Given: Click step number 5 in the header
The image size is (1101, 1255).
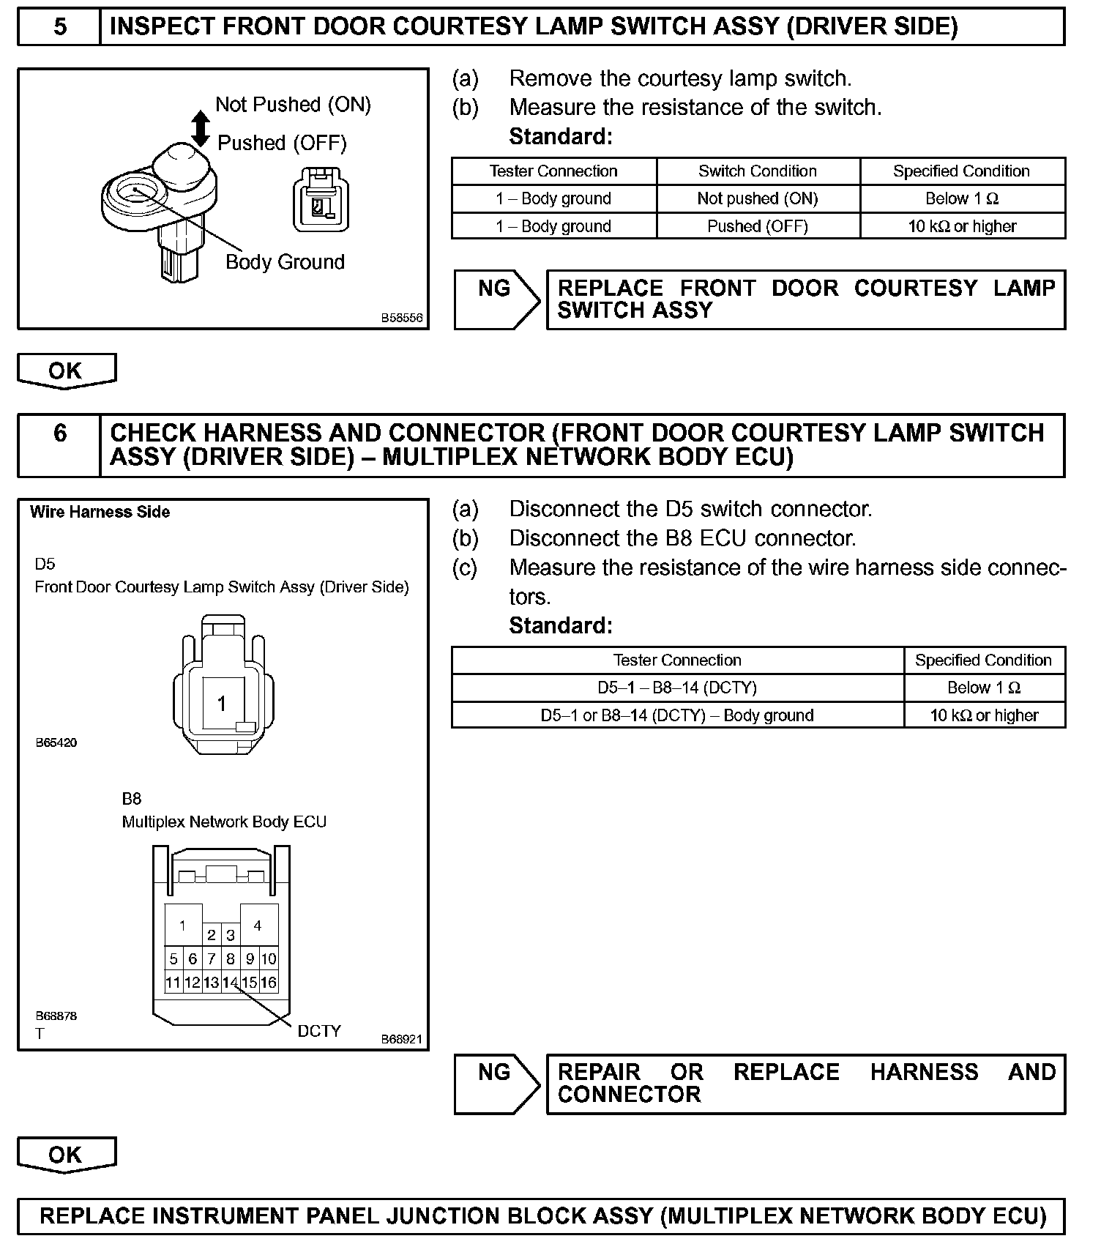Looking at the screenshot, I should point(60,27).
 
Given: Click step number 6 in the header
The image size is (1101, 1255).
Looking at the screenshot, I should point(60,433).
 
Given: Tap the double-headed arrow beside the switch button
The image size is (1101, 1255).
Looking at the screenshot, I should point(200,128).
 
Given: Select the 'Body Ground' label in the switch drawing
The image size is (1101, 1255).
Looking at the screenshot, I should point(285,262).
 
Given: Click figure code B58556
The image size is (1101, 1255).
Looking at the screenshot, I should point(401,319).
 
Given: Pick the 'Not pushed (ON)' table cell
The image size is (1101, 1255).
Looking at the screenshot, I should point(757,198).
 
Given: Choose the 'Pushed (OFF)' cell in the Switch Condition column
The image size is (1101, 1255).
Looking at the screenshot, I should point(757,226).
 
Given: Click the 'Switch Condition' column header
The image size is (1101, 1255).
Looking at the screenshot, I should point(757,171).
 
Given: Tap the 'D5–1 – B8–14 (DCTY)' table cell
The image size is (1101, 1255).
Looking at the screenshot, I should point(677,688).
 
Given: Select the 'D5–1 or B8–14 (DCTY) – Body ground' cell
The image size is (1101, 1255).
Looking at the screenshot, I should point(677,715).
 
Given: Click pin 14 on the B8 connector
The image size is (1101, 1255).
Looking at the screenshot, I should point(230,983).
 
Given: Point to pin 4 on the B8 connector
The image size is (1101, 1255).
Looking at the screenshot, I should point(258,926).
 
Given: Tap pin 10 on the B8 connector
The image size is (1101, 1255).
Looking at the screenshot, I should point(269,958).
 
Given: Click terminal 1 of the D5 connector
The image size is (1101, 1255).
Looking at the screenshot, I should point(222,704).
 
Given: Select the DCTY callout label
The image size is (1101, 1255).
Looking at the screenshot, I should point(319,1031).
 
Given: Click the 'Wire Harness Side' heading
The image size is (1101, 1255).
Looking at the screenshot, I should point(100,512).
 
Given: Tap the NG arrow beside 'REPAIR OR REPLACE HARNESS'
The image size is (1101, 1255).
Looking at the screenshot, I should point(496,1083).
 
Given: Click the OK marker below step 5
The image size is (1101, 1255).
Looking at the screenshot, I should point(66,370).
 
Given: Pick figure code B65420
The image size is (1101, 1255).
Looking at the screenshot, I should point(56,742).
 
